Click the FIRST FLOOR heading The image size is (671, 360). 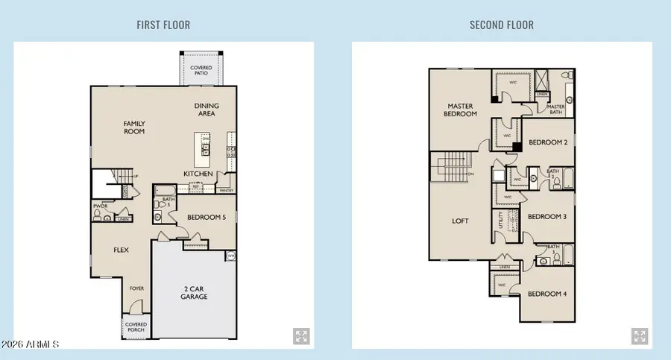(x=163, y=25)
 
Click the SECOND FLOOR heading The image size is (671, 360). (x=501, y=25)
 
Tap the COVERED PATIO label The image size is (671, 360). (x=201, y=71)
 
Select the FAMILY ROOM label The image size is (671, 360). (x=134, y=127)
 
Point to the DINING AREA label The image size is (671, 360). (x=206, y=110)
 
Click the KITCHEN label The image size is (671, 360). (x=198, y=174)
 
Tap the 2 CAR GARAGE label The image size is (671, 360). (x=195, y=292)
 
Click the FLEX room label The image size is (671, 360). (x=121, y=250)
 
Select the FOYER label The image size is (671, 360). (x=136, y=288)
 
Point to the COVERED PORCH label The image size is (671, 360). (x=136, y=327)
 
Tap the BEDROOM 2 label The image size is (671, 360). (x=548, y=142)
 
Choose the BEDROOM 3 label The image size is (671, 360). (x=547, y=217)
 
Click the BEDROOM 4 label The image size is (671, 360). (x=547, y=294)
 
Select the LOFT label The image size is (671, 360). (x=461, y=221)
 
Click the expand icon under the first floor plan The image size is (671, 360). (x=301, y=336)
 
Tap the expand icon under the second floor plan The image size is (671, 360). (x=639, y=336)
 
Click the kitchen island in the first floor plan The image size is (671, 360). (x=202, y=150)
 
